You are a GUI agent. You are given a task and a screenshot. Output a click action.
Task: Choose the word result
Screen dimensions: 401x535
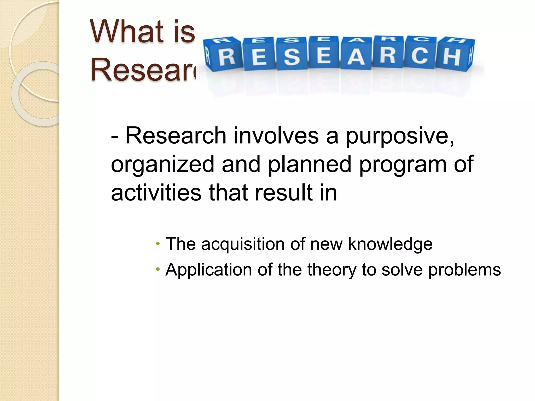point(283,193)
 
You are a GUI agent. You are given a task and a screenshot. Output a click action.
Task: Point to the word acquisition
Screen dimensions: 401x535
point(243,244)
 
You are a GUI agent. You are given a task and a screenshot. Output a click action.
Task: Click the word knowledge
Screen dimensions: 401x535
point(390,244)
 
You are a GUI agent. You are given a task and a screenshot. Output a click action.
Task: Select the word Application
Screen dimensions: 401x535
point(208,270)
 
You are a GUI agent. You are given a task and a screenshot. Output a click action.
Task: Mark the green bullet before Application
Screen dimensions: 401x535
point(158,269)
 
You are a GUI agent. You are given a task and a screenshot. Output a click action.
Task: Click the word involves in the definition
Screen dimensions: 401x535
point(276,136)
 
